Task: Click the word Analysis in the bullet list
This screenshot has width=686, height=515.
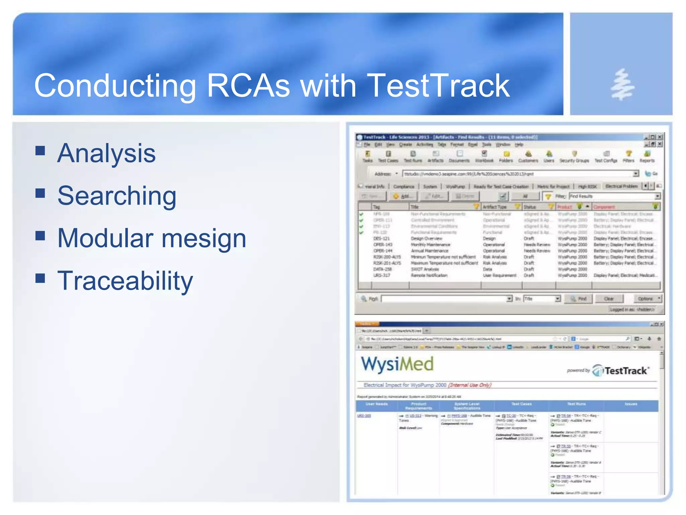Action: [x=106, y=153]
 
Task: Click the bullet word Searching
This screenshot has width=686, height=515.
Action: [x=117, y=196]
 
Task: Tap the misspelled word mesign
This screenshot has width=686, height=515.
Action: [x=204, y=238]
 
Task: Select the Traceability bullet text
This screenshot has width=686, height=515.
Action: [x=125, y=281]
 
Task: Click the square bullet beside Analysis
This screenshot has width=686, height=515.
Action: [x=40, y=151]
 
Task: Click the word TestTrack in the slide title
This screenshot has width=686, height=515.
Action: [x=438, y=86]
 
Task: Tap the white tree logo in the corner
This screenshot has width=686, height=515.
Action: [x=622, y=85]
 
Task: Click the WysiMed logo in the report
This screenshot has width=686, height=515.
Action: [x=397, y=364]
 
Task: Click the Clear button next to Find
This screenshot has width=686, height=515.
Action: [x=609, y=299]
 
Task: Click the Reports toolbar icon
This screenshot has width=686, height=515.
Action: [x=647, y=156]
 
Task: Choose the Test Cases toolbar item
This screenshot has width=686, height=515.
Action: [x=388, y=156]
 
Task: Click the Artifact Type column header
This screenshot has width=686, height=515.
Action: [x=495, y=207]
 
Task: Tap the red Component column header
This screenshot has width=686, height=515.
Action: [x=605, y=207]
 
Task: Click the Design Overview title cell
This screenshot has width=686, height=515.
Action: [x=426, y=238]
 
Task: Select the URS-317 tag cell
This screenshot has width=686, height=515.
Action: [x=382, y=275]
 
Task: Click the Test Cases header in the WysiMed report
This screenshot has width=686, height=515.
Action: [x=521, y=404]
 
